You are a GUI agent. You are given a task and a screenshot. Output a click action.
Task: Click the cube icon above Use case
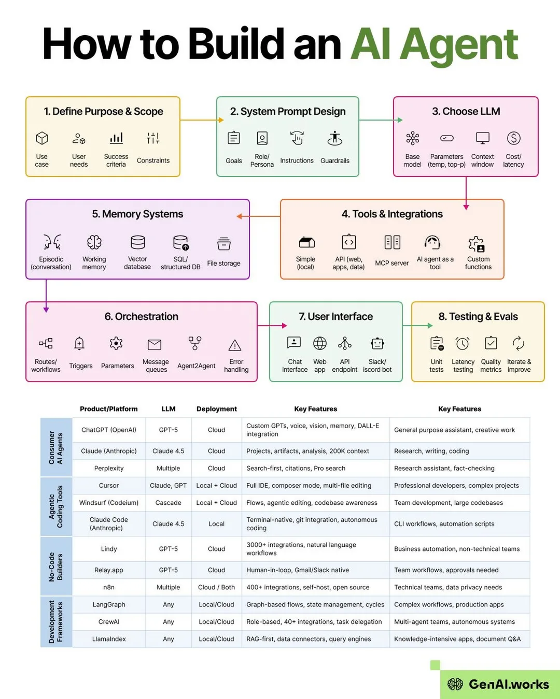coord(42,138)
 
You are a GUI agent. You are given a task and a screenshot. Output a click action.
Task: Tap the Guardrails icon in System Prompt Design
coord(335,138)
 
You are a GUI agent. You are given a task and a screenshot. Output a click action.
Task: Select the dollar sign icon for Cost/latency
coord(513,138)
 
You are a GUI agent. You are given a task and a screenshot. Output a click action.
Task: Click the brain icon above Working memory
coord(94,242)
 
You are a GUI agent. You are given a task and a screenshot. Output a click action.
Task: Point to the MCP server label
coord(392,263)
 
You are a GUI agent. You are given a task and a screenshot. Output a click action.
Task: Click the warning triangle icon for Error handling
coord(234,345)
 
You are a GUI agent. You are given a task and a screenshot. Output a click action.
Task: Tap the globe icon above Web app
coord(319,343)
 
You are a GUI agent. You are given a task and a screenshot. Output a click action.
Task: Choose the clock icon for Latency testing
coord(463,343)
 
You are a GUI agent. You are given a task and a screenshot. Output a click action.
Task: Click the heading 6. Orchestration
coord(142,316)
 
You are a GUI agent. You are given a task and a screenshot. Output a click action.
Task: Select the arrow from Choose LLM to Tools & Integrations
coord(466,193)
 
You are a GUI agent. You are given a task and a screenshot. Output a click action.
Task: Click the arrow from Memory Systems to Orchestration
coord(46,296)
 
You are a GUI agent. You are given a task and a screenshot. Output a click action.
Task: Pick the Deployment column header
coord(216,409)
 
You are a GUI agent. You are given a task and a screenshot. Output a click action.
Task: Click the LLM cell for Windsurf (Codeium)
coord(168,502)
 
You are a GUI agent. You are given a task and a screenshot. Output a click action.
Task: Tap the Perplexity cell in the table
coord(109,468)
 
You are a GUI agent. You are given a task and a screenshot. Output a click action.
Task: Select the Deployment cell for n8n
coord(216,587)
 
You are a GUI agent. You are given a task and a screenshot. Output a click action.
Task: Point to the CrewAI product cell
coord(109,622)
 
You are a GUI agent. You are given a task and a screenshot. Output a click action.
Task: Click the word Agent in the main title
coord(459,45)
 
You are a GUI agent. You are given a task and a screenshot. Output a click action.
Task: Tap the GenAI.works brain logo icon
coord(455,684)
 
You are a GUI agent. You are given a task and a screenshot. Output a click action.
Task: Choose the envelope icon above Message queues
coord(155,344)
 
